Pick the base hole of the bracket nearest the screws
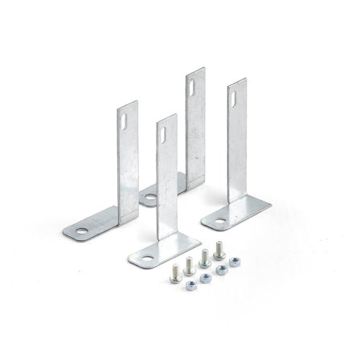pyautogui.click(x=145, y=259)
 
